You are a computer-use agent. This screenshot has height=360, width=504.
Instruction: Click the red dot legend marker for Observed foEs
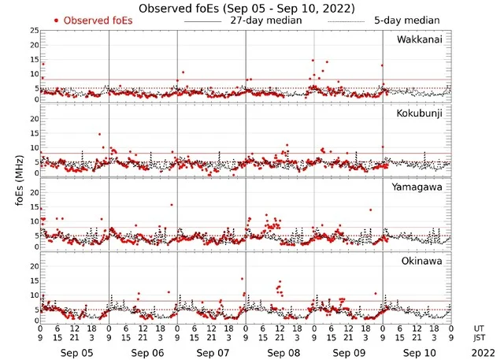[57, 20]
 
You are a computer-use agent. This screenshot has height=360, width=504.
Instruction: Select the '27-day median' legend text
[266, 20]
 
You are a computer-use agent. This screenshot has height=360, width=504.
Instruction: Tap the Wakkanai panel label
[420, 39]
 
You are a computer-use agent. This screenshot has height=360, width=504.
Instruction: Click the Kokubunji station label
[420, 113]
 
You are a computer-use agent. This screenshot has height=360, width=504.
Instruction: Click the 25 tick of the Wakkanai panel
[34, 31]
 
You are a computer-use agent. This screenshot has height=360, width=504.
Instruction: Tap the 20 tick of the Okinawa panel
[34, 266]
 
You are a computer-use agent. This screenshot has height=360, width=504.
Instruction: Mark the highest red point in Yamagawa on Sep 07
[172, 205]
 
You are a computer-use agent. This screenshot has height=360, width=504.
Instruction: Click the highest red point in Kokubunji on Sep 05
[99, 134]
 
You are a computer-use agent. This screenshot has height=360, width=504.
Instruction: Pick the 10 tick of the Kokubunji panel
[34, 148]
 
